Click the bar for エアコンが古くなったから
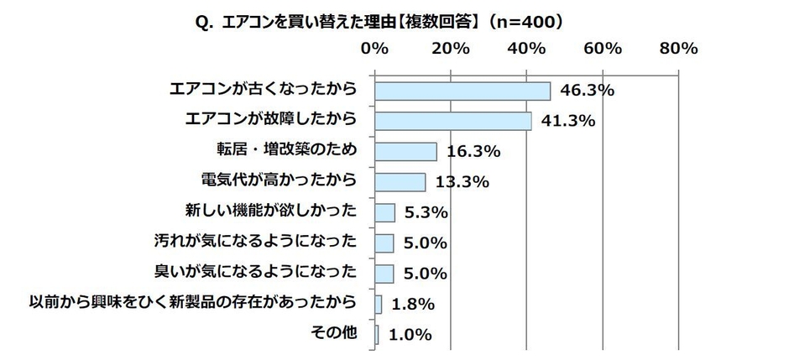(462, 91)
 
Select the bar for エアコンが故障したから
(452, 121)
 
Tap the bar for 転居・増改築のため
(405, 151)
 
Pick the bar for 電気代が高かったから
(400, 181)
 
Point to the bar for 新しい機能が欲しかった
(384, 212)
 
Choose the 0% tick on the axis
(374, 49)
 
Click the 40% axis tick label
(526, 49)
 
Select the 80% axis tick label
(678, 49)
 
